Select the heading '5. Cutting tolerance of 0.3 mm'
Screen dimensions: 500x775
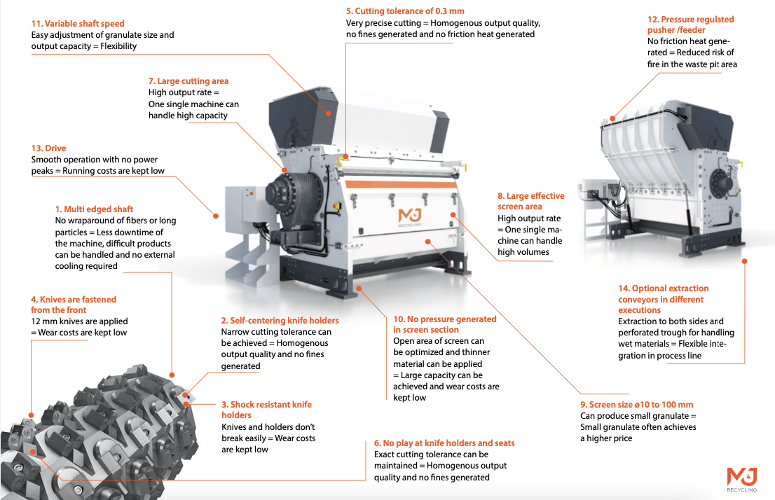[x=405, y=11]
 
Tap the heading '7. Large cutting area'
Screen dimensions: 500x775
[x=188, y=81]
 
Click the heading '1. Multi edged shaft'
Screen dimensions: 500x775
[x=94, y=209]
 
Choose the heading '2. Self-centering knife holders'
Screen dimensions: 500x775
[x=280, y=321]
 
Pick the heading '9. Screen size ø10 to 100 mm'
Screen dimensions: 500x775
[x=636, y=405]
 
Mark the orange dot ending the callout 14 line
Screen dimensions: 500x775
[x=744, y=262]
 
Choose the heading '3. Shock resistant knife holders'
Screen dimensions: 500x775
[x=266, y=410]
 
